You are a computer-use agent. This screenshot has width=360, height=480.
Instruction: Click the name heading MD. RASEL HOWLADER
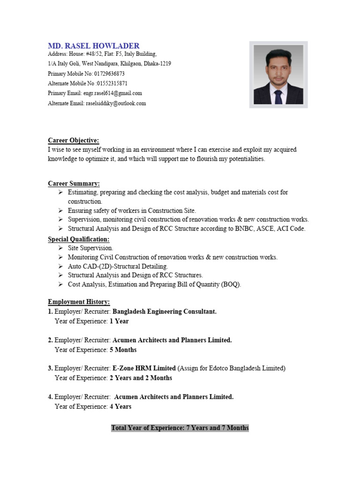(94, 45)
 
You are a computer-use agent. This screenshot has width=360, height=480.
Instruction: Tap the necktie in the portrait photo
(278, 97)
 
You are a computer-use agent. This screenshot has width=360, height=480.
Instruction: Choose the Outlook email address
(116, 103)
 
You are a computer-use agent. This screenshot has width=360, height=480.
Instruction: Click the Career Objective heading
(74, 141)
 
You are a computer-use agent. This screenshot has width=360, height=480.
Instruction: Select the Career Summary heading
(74, 183)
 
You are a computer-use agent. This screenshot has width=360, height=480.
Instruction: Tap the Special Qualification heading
(79, 240)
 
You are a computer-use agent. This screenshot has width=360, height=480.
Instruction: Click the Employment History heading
(79, 302)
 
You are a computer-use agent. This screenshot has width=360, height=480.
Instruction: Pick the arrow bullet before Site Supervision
(61, 247)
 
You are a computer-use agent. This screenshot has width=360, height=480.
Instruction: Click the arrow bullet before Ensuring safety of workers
(61, 210)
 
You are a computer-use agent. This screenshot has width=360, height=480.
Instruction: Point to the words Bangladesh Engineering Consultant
(165, 312)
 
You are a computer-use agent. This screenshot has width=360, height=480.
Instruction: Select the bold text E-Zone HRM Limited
(144, 368)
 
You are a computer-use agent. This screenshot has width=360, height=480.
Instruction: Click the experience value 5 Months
(123, 350)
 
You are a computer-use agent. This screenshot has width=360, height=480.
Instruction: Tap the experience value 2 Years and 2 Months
(141, 378)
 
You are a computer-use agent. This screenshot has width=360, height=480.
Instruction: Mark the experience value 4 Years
(120, 406)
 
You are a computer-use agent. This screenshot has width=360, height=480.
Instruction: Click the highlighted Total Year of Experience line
(180, 428)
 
